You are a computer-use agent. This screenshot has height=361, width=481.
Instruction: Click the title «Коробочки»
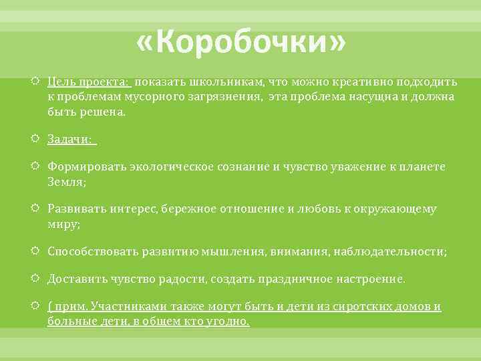pyautogui.click(x=241, y=45)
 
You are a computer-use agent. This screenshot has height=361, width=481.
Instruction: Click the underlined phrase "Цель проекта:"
pyautogui.click(x=88, y=82)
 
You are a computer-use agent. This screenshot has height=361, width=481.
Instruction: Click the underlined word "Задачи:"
pyautogui.click(x=71, y=139)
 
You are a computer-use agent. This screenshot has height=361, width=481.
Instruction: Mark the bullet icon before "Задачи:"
pyautogui.click(x=37, y=139)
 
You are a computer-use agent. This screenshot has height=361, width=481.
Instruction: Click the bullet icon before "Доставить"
pyautogui.click(x=37, y=278)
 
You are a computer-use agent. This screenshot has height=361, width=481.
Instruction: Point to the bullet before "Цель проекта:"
pyautogui.click(x=37, y=82)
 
